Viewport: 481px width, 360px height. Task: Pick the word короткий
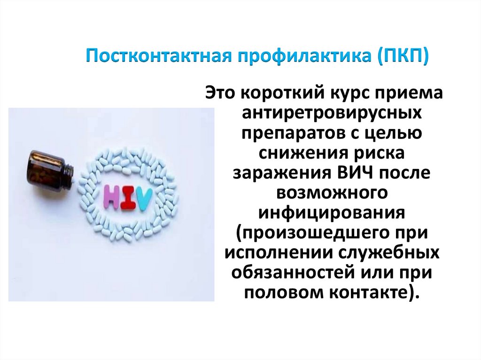tap(281, 92)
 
